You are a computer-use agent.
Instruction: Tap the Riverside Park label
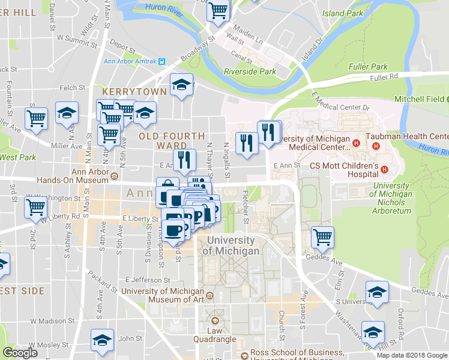[x=250, y=71]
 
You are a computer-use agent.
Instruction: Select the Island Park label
[x=342, y=13]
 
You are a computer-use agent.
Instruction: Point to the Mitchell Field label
[x=420, y=98]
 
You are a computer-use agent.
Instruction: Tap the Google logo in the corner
[x=20, y=353]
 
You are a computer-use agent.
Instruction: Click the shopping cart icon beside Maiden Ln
[x=218, y=10]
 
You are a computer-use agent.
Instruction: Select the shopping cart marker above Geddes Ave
[x=322, y=237]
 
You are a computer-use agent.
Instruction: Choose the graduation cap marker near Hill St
[x=373, y=332]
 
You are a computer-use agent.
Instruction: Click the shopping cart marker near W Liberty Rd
[x=36, y=207]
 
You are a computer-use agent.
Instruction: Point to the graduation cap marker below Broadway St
[x=181, y=85]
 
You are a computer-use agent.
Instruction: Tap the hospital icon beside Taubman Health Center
[x=376, y=146]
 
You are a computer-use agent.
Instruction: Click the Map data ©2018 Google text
[x=412, y=355]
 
